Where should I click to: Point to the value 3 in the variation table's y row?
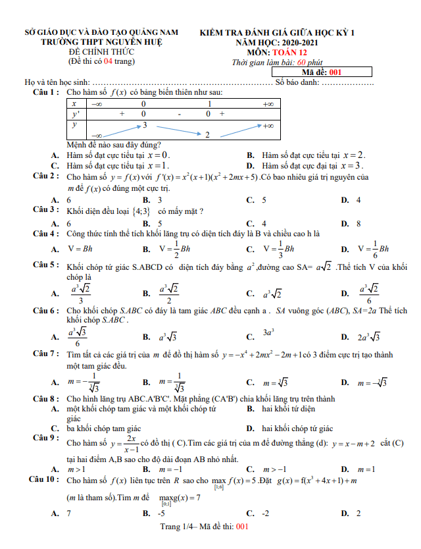(145, 125)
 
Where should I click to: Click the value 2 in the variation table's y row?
(207, 135)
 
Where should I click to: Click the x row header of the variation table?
(74, 104)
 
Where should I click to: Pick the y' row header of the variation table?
(75, 114)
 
